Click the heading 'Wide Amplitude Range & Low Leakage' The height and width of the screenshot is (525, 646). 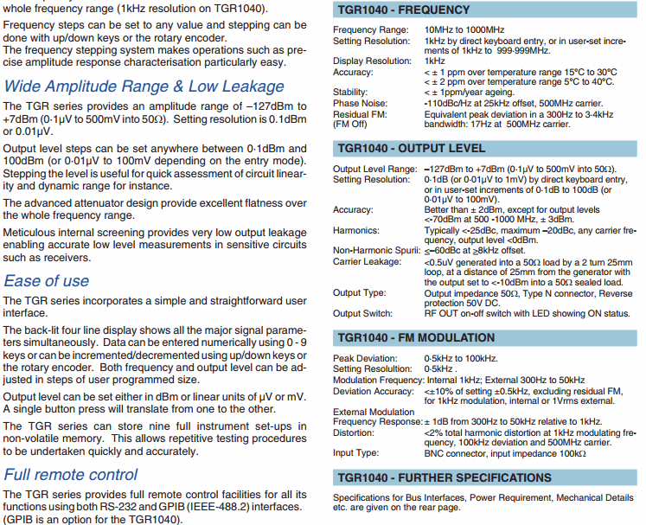[131, 86]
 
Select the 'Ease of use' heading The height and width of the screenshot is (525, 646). [47, 281]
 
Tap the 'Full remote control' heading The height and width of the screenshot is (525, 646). [71, 474]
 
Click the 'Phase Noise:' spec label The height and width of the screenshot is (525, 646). [358, 103]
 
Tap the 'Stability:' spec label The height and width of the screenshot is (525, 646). [350, 92]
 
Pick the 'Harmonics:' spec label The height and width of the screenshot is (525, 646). [355, 231]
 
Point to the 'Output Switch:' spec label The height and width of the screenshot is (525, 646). [363, 313]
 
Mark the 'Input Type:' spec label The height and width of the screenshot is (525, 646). [355, 452]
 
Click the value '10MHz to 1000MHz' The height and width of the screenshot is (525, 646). [464, 30]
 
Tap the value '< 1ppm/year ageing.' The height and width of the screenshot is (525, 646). [468, 92]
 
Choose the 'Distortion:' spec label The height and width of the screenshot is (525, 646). [353, 432]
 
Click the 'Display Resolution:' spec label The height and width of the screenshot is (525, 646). [372, 61]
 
